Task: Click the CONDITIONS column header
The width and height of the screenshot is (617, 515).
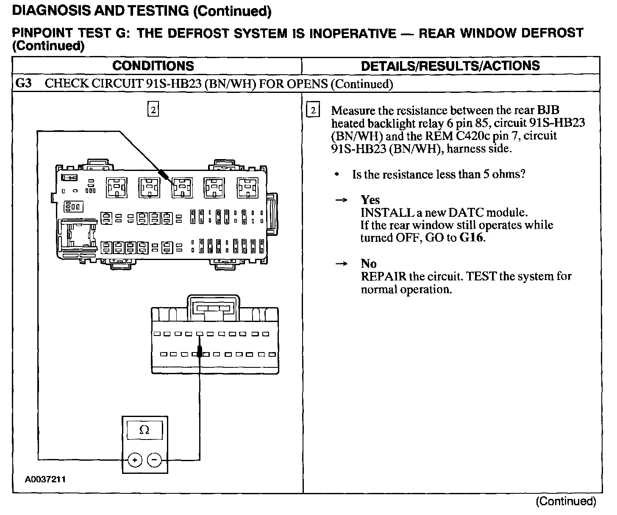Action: point(153,66)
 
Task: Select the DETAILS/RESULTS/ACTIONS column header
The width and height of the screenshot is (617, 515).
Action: point(450,66)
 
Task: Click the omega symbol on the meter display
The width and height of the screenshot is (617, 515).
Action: point(144,430)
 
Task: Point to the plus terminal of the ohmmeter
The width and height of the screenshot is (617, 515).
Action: point(134,459)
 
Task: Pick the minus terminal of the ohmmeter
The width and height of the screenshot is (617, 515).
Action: point(154,459)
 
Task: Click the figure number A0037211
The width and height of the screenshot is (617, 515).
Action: point(45,480)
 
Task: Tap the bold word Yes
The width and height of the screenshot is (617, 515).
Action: point(370,200)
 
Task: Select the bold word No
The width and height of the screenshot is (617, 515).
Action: point(368,263)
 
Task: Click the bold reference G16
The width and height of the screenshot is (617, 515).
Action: point(472,238)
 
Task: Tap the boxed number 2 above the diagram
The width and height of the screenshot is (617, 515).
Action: point(153,109)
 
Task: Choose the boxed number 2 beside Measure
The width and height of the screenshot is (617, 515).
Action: point(313,111)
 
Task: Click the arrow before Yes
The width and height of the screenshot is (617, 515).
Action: point(342,200)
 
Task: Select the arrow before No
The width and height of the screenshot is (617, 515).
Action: point(342,264)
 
